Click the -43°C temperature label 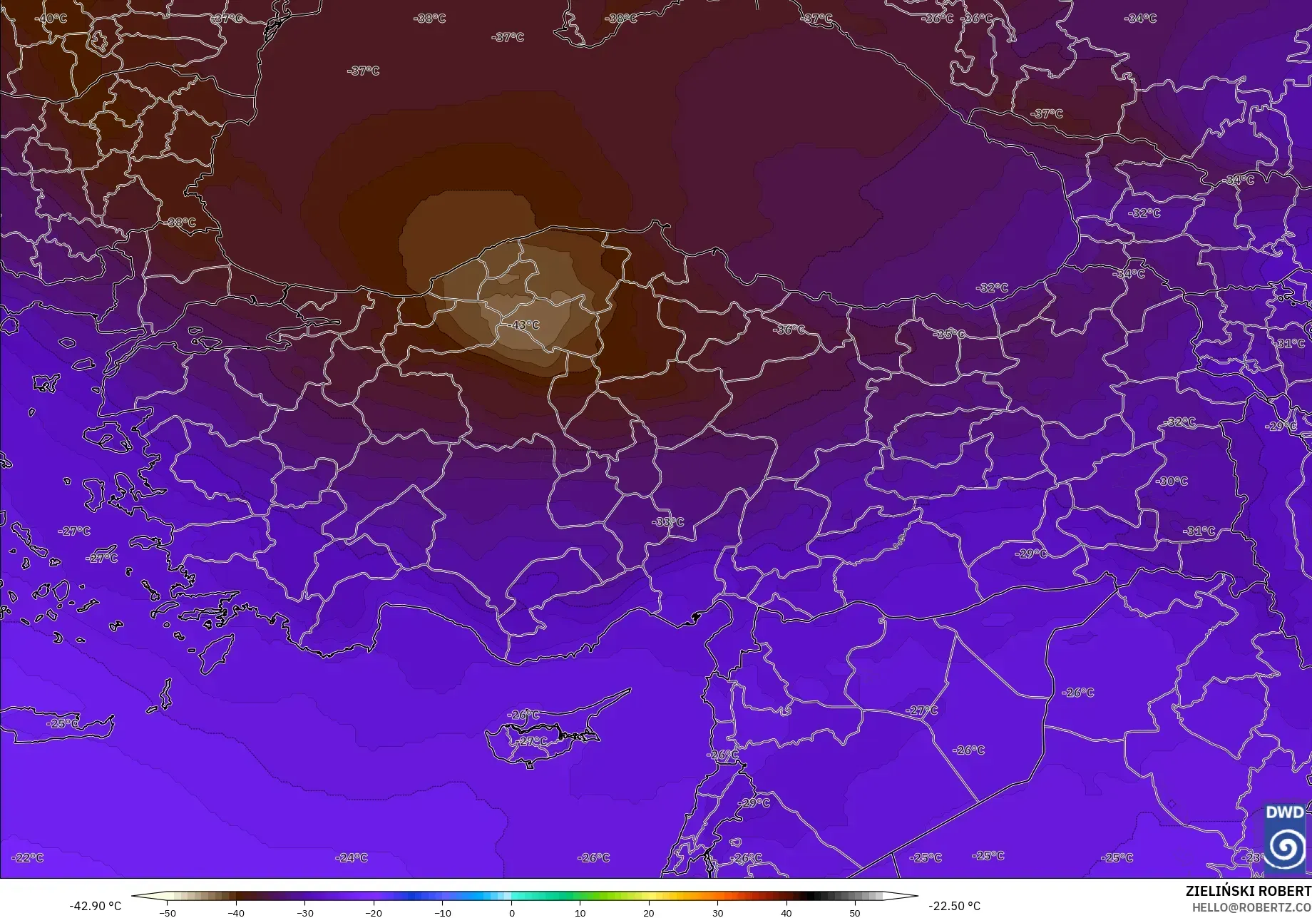pos(523,325)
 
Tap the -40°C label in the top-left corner pos(51,19)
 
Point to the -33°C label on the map pos(667,522)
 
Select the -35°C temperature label pos(949,335)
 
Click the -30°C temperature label pos(1172,481)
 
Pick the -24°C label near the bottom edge pos(352,857)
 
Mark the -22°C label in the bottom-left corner pos(29,857)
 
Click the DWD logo pos(1286,839)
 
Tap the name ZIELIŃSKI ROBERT pos(1248,891)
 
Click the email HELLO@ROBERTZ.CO pos(1252,907)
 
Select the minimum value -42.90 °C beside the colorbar pos(96,906)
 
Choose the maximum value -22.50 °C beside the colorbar pos(954,906)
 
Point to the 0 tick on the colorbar pos(511,912)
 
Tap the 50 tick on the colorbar pos(855,912)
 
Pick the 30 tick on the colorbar pos(717,912)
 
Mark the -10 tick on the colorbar pos(442,912)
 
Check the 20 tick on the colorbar pos(649,912)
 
